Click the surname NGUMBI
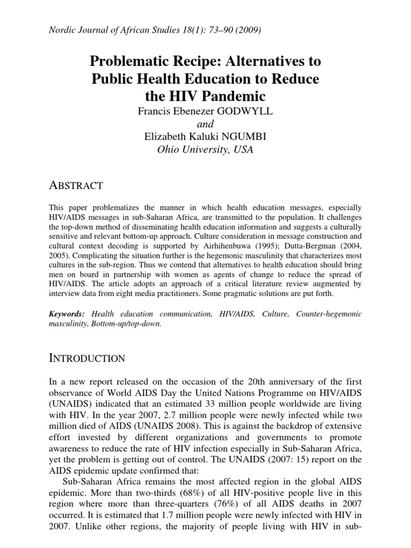244,136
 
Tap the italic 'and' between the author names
205,125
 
